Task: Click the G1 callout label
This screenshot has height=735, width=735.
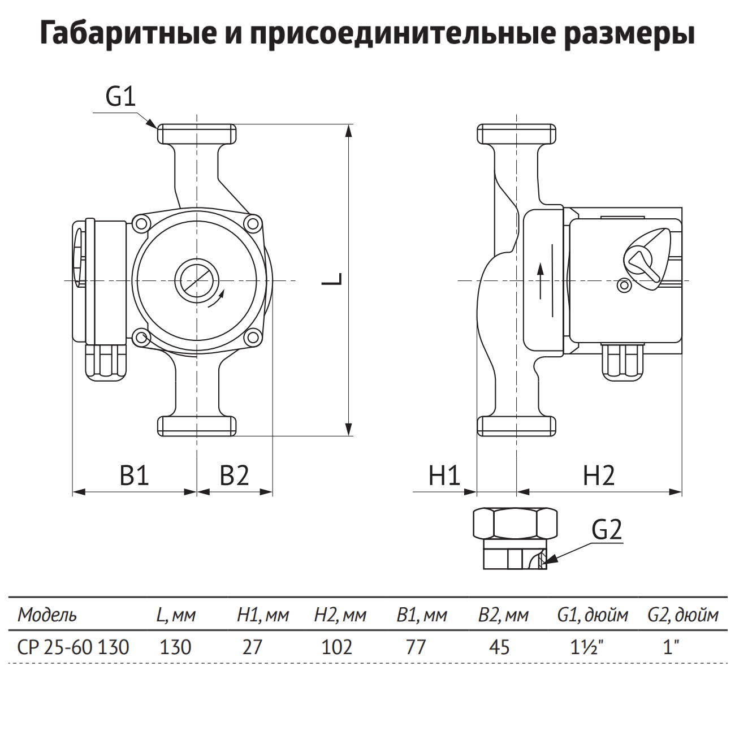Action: (121, 97)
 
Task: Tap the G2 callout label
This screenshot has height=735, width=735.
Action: (607, 530)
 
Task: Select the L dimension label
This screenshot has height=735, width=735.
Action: (333, 279)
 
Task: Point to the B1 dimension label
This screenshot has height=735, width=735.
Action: (135, 475)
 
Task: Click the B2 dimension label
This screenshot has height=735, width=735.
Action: (234, 475)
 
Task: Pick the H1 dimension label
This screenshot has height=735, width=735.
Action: (444, 475)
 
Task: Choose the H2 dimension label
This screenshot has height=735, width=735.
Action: (599, 475)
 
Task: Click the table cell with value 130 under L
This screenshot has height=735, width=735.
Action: (175, 646)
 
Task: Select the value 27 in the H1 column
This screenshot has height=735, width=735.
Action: (252, 646)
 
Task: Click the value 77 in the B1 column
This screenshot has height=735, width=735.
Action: (416, 646)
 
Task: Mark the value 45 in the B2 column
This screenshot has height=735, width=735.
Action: (498, 646)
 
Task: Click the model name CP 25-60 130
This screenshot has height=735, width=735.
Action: (73, 646)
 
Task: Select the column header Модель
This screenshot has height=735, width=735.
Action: (47, 615)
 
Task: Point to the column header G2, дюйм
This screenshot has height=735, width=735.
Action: (683, 615)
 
